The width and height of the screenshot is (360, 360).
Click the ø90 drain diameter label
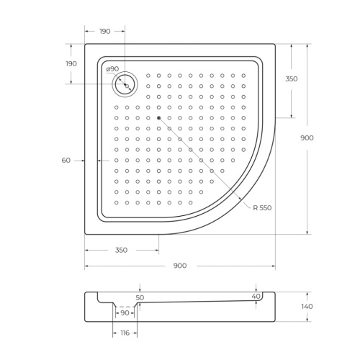click(113, 69)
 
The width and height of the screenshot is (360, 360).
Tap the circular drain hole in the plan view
click(125, 85)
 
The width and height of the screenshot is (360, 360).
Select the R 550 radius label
click(262, 207)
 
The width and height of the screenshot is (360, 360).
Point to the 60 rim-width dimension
click(66, 160)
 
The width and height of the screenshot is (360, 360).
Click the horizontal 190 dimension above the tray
click(104, 31)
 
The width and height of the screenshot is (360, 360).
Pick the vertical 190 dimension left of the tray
click(71, 63)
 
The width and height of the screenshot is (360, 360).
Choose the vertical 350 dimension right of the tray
click(292, 78)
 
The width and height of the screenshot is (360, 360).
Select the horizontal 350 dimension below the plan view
click(121, 250)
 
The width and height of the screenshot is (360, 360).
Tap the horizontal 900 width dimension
click(180, 266)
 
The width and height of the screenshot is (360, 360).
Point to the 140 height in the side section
click(307, 306)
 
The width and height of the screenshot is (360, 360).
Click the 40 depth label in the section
click(256, 296)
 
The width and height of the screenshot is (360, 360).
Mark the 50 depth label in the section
click(140, 297)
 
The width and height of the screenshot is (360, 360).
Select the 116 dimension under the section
click(125, 333)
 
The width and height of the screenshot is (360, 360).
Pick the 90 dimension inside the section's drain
click(125, 312)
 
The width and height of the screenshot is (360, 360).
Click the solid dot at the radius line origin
click(158, 117)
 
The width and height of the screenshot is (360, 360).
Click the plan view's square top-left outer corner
click(86, 44)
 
